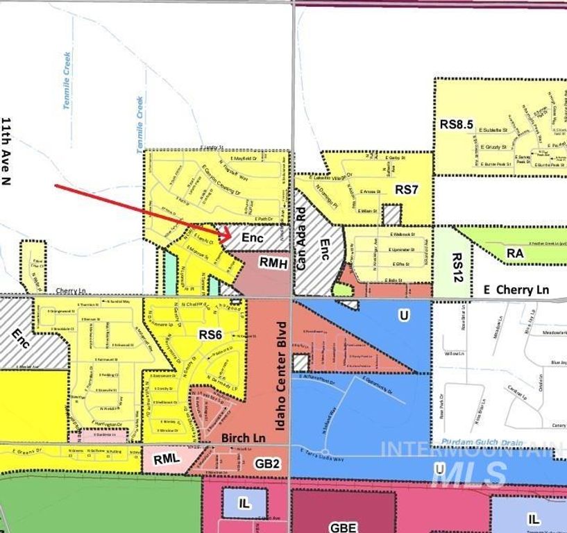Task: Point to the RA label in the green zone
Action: pyautogui.click(x=514, y=254)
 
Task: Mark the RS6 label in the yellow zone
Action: pyautogui.click(x=210, y=335)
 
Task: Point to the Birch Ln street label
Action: pyautogui.click(x=244, y=439)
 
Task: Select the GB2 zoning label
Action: pyautogui.click(x=267, y=463)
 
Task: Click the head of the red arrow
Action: pyautogui.click(x=230, y=236)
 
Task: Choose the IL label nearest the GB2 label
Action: pyautogui.click(x=244, y=504)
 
